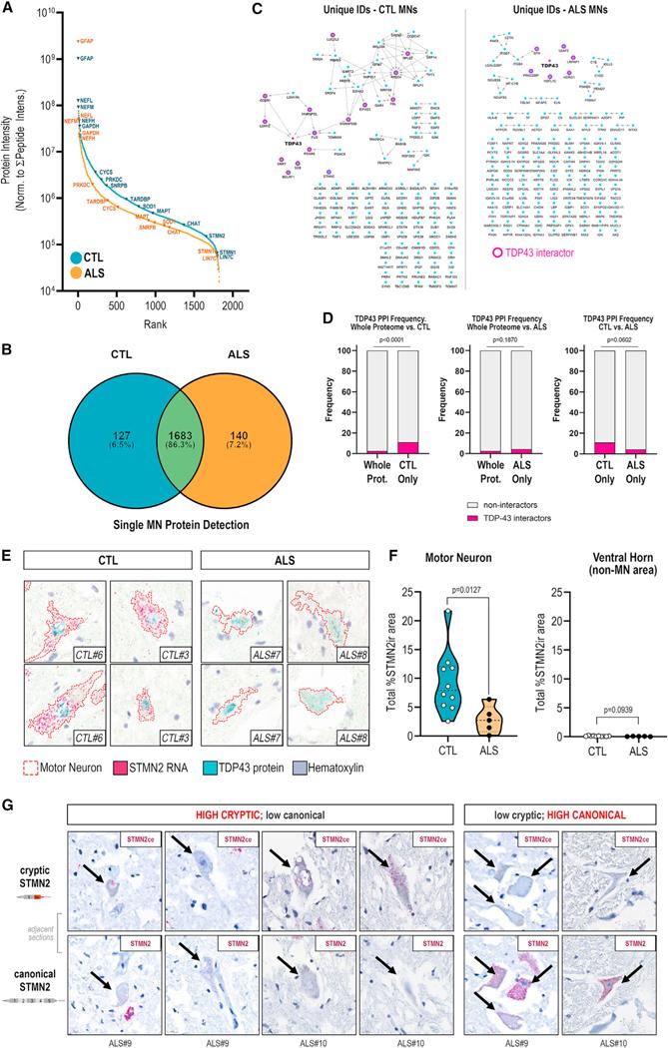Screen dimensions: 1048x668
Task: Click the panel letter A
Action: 9,9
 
